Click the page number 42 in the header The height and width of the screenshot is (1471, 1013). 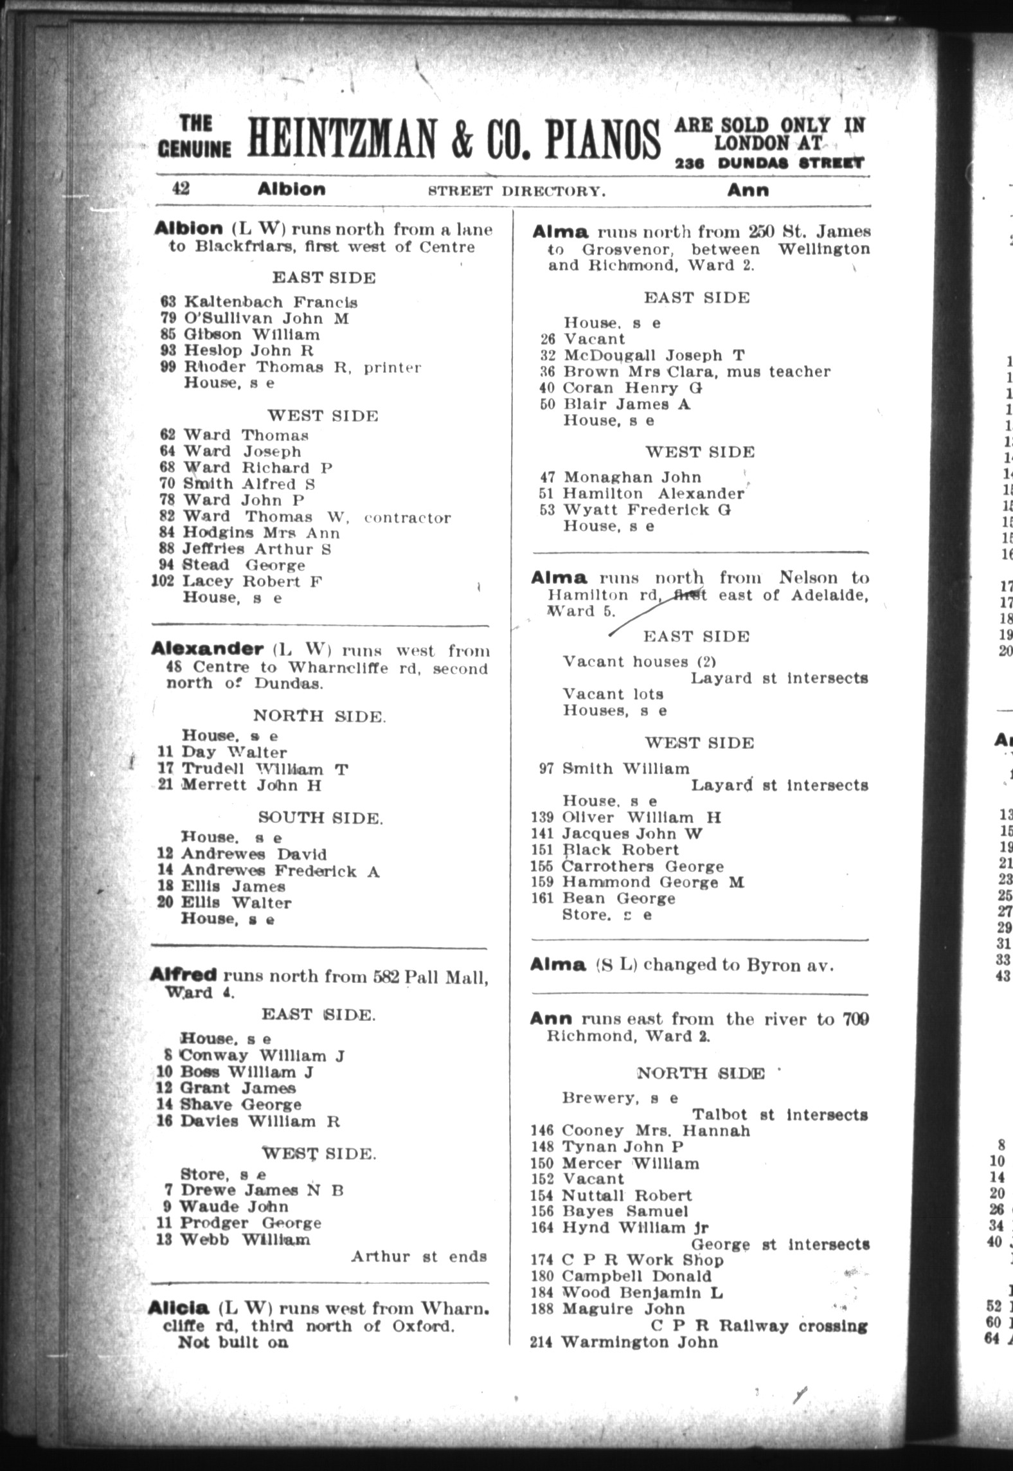point(180,188)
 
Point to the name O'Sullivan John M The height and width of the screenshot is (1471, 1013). point(266,318)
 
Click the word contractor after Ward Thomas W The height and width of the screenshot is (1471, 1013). point(408,518)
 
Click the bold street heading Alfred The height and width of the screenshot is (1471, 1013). point(182,975)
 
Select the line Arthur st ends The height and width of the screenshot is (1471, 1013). point(418,1256)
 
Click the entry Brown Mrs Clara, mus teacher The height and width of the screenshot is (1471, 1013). point(696,372)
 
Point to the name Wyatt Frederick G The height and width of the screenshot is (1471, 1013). point(647,510)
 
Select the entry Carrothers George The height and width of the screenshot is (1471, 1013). point(642,866)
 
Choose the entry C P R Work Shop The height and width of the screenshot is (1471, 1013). point(642,1260)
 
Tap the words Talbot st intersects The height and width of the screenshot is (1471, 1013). point(780,1114)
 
